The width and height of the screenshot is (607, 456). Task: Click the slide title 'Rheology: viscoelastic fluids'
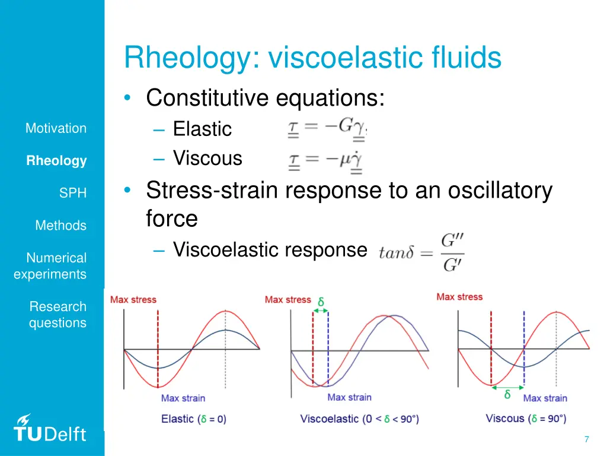tap(312, 58)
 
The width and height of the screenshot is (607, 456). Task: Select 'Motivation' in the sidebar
tap(56, 128)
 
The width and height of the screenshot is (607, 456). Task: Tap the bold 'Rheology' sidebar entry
tap(56, 161)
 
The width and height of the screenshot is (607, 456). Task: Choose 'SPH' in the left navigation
tap(73, 193)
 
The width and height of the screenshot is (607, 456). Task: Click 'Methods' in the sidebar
tap(60, 226)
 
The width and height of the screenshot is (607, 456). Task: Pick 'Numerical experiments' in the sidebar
tap(50, 266)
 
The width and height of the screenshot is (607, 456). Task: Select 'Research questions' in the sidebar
tap(57, 315)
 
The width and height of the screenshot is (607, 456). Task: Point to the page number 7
tap(586, 439)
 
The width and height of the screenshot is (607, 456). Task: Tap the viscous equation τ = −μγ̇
tap(325, 161)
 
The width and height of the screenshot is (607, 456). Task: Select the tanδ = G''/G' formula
tap(421, 252)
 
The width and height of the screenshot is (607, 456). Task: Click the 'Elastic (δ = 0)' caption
tap(193, 419)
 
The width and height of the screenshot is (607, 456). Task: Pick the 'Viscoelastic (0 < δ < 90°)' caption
tap(359, 419)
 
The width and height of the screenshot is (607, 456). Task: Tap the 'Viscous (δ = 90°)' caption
tap(526, 419)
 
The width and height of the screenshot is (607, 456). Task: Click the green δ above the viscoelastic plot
tap(321, 302)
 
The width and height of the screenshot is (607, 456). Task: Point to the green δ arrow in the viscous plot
tap(507, 389)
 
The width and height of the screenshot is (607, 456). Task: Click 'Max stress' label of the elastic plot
tap(133, 300)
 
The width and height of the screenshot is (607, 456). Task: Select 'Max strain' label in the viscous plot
tap(545, 398)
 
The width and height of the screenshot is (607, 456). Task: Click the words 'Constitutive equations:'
tap(266, 98)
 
